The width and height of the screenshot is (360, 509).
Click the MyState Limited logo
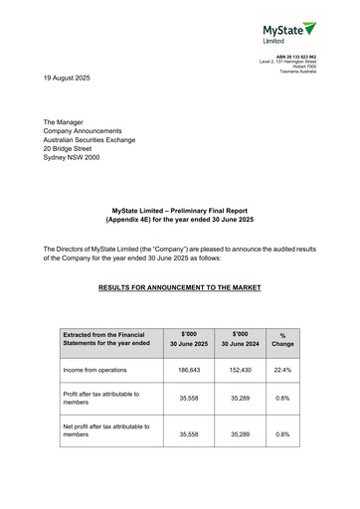point(288,32)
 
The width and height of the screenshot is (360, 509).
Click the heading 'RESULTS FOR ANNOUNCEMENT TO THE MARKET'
point(180,288)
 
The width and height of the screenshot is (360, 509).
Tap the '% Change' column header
point(282,339)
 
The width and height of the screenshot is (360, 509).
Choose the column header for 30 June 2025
point(189,339)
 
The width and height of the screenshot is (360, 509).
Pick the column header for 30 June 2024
point(240,339)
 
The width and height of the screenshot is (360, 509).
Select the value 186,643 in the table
point(189,369)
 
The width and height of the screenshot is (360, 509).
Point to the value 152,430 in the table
point(240,369)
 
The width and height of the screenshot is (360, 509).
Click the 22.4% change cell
point(282,369)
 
